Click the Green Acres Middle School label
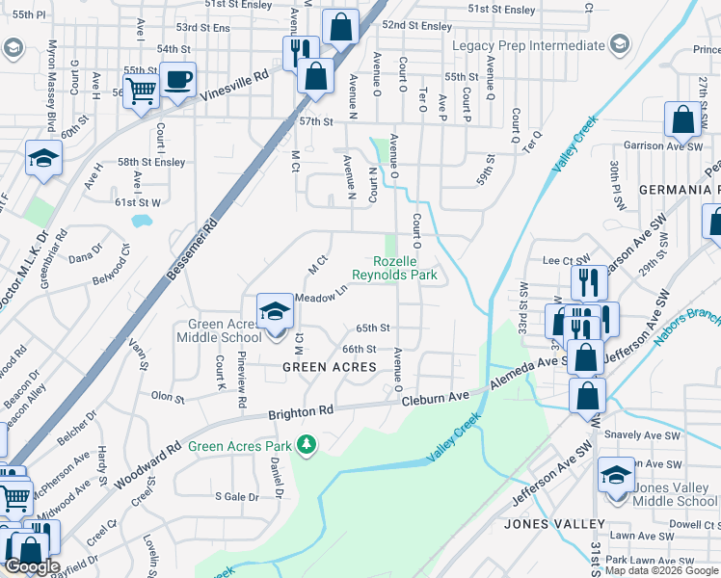(218, 330)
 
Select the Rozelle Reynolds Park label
(406, 268)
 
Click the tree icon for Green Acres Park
(307, 445)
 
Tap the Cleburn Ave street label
(435, 397)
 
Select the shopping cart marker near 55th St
(142, 92)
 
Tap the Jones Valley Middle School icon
(617, 475)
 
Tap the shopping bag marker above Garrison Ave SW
(682, 119)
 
